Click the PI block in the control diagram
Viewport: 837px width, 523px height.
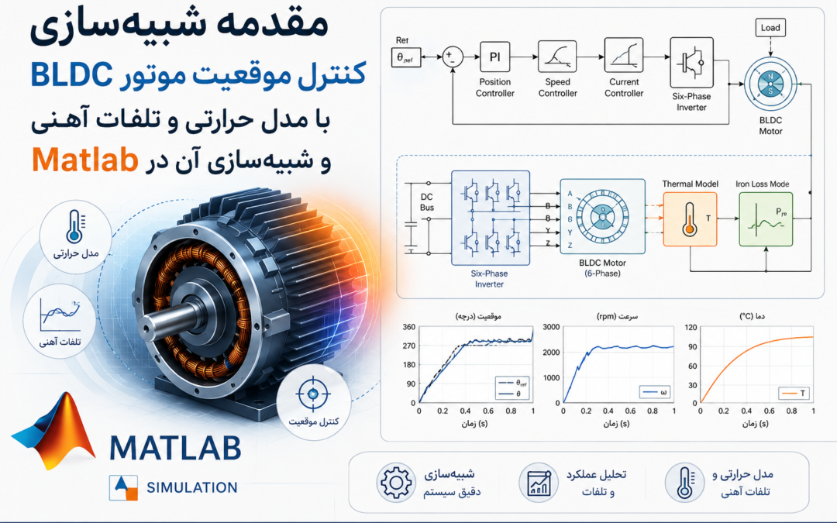tap(494, 57)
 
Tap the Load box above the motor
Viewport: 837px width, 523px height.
tap(770, 28)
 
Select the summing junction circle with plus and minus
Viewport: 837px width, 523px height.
tap(453, 57)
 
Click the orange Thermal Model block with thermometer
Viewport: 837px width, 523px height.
tap(690, 218)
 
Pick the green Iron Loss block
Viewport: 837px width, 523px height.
tap(766, 218)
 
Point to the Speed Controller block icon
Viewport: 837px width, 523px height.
tap(557, 56)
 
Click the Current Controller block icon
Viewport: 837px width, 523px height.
tap(623, 56)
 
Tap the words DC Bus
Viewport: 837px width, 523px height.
tap(427, 202)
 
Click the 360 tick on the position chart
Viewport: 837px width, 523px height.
tap(409, 327)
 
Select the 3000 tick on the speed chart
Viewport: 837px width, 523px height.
tap(552, 327)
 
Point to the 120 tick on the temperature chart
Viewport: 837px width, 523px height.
tap(691, 327)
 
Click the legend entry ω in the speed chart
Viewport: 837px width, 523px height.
tap(656, 392)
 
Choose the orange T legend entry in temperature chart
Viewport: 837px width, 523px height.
tap(794, 394)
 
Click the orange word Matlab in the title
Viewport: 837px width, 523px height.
tap(85, 159)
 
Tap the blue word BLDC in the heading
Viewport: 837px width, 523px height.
tap(71, 74)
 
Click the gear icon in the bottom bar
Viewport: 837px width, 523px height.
tap(395, 483)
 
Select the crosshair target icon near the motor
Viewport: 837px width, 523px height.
tap(313, 394)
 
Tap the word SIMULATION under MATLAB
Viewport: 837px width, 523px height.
tap(192, 487)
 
